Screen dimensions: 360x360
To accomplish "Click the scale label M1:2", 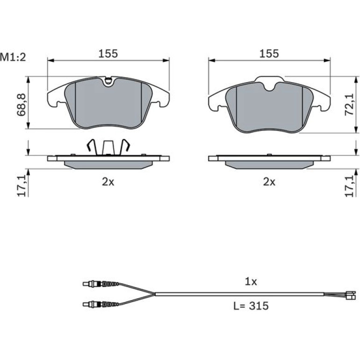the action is [x=13, y=57].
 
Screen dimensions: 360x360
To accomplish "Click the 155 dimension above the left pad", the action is [x=108, y=53].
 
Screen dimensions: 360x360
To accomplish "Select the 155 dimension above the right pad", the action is [x=269, y=53].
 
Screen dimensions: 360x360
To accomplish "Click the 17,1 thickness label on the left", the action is [x=22, y=186].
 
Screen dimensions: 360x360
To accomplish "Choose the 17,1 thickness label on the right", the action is [x=349, y=186].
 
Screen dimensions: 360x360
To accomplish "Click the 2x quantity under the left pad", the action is [x=108, y=182].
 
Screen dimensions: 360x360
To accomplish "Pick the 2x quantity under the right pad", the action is [x=269, y=182].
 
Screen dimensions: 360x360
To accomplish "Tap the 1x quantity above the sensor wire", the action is [x=251, y=281].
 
